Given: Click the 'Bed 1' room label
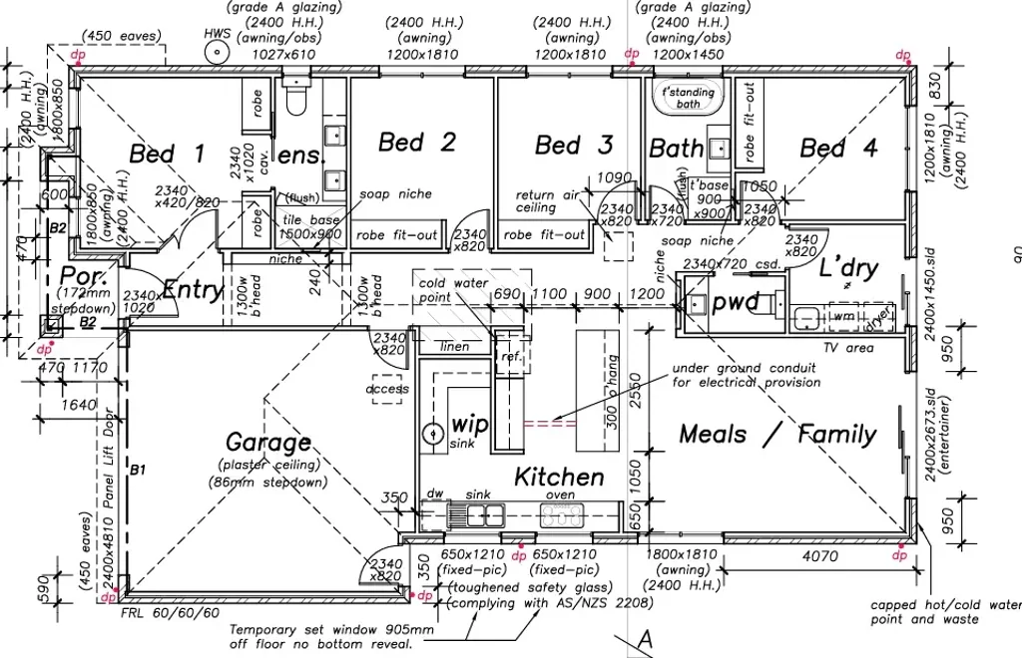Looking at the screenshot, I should [x=167, y=154].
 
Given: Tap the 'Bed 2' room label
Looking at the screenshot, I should [x=416, y=143].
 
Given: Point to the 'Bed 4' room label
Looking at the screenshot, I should [x=838, y=149].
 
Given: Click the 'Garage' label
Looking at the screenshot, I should [x=267, y=442].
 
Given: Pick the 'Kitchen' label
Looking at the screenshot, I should [x=559, y=478].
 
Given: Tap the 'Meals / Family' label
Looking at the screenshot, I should [x=777, y=434].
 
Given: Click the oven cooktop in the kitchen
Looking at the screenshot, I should [x=562, y=515].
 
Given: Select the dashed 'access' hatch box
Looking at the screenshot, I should [x=388, y=389].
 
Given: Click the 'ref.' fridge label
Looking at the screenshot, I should [x=511, y=357].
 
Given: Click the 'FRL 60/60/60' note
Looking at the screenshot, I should [x=169, y=612].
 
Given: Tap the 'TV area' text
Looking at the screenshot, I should [x=849, y=348].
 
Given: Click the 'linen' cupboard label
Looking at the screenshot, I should [x=454, y=346].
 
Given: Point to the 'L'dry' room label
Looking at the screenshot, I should [x=848, y=268].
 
